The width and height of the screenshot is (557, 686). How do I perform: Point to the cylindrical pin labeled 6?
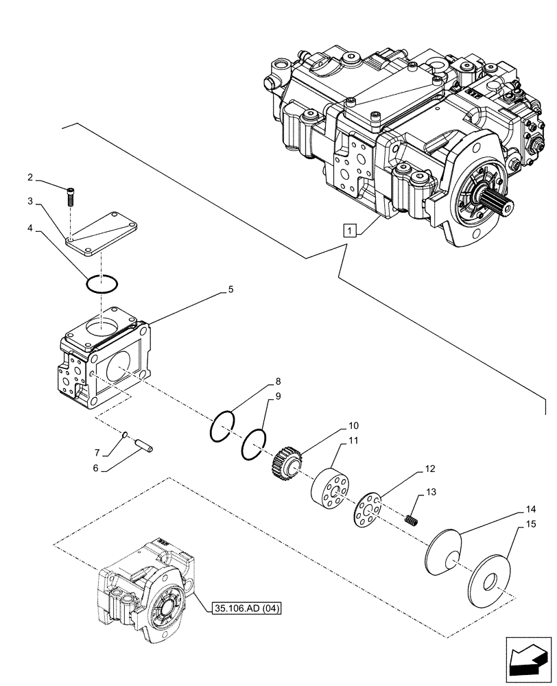145,447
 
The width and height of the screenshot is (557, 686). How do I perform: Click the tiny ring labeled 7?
126,434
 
